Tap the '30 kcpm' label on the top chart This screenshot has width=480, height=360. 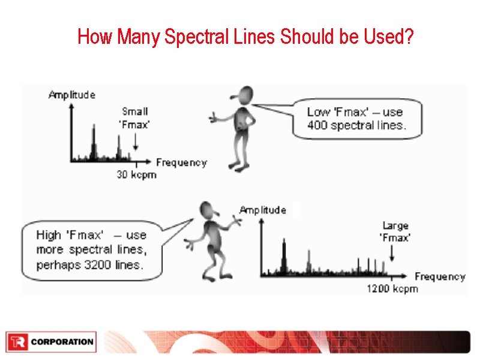pyautogui.click(x=136, y=175)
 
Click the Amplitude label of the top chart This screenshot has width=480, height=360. pyautogui.click(x=72, y=95)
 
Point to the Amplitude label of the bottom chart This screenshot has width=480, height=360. pyautogui.click(x=262, y=210)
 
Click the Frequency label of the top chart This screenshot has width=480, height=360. pyautogui.click(x=181, y=163)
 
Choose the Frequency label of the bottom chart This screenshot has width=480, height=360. pyautogui.click(x=440, y=277)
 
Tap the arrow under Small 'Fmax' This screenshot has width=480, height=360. pyautogui.click(x=136, y=141)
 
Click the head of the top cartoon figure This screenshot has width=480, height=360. pyautogui.click(x=246, y=95)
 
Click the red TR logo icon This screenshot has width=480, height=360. pyautogui.click(x=16, y=342)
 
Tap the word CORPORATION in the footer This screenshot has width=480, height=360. pyautogui.click(x=62, y=342)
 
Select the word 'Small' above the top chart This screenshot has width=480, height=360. pyautogui.click(x=135, y=112)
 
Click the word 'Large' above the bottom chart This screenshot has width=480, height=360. pyautogui.click(x=395, y=226)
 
